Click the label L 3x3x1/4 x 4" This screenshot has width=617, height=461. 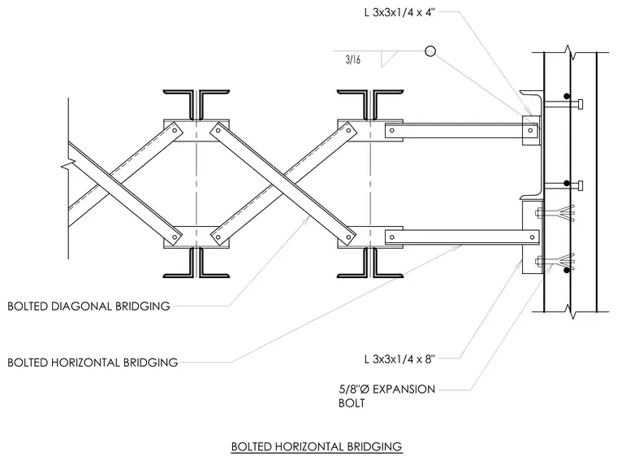point(399,13)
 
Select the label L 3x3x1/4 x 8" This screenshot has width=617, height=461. point(399,359)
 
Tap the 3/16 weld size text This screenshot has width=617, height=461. point(353,59)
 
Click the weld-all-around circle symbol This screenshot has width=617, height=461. point(430,51)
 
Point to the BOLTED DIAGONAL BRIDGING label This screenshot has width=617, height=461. point(88,307)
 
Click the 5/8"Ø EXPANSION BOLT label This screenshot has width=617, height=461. point(386,396)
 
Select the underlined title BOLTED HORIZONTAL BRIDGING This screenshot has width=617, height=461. point(317,447)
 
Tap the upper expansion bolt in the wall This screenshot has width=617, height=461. point(554,214)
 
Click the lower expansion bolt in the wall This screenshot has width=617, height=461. point(554,261)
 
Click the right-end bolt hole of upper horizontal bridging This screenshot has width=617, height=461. point(531,130)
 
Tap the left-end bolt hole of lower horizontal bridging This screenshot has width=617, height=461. point(391,237)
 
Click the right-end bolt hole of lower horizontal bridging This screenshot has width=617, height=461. point(532,237)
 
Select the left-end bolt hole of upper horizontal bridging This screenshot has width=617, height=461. point(391,130)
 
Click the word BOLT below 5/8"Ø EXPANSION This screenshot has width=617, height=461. point(352,403)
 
